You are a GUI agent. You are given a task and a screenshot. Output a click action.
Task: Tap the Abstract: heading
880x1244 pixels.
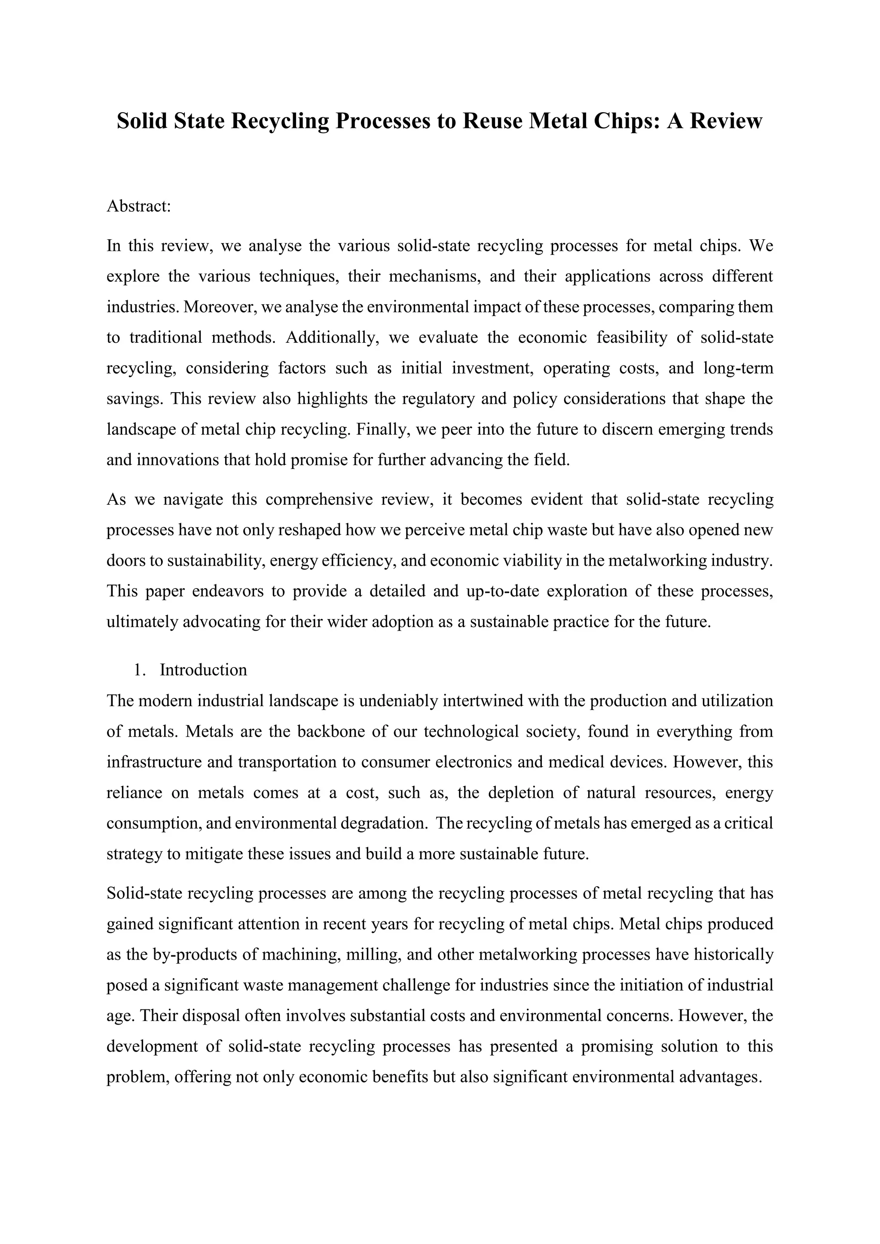(139, 207)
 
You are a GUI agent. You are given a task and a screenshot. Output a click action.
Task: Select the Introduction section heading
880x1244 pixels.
(203, 670)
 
